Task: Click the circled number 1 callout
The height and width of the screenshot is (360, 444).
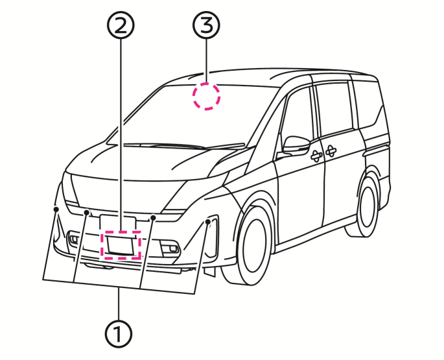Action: (x=119, y=334)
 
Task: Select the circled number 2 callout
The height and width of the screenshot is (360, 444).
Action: (x=121, y=25)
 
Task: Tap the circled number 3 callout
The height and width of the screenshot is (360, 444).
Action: (x=206, y=25)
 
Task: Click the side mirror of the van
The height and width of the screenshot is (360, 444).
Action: (x=296, y=145)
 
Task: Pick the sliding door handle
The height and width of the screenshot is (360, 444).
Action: (x=330, y=151)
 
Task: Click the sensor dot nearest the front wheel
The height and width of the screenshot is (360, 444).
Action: (x=208, y=222)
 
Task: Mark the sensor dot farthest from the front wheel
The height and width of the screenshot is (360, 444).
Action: (x=56, y=210)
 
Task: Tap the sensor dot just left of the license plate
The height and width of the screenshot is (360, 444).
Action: (x=87, y=212)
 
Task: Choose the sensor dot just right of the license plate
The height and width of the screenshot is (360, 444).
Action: (x=153, y=217)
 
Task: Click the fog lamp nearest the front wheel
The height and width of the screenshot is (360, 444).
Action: (x=170, y=247)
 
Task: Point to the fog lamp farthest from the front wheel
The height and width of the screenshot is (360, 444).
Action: (x=74, y=239)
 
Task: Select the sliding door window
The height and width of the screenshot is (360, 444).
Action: (x=334, y=109)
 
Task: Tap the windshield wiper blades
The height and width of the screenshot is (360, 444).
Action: (x=184, y=146)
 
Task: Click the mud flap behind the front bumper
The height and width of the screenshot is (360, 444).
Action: (x=209, y=271)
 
